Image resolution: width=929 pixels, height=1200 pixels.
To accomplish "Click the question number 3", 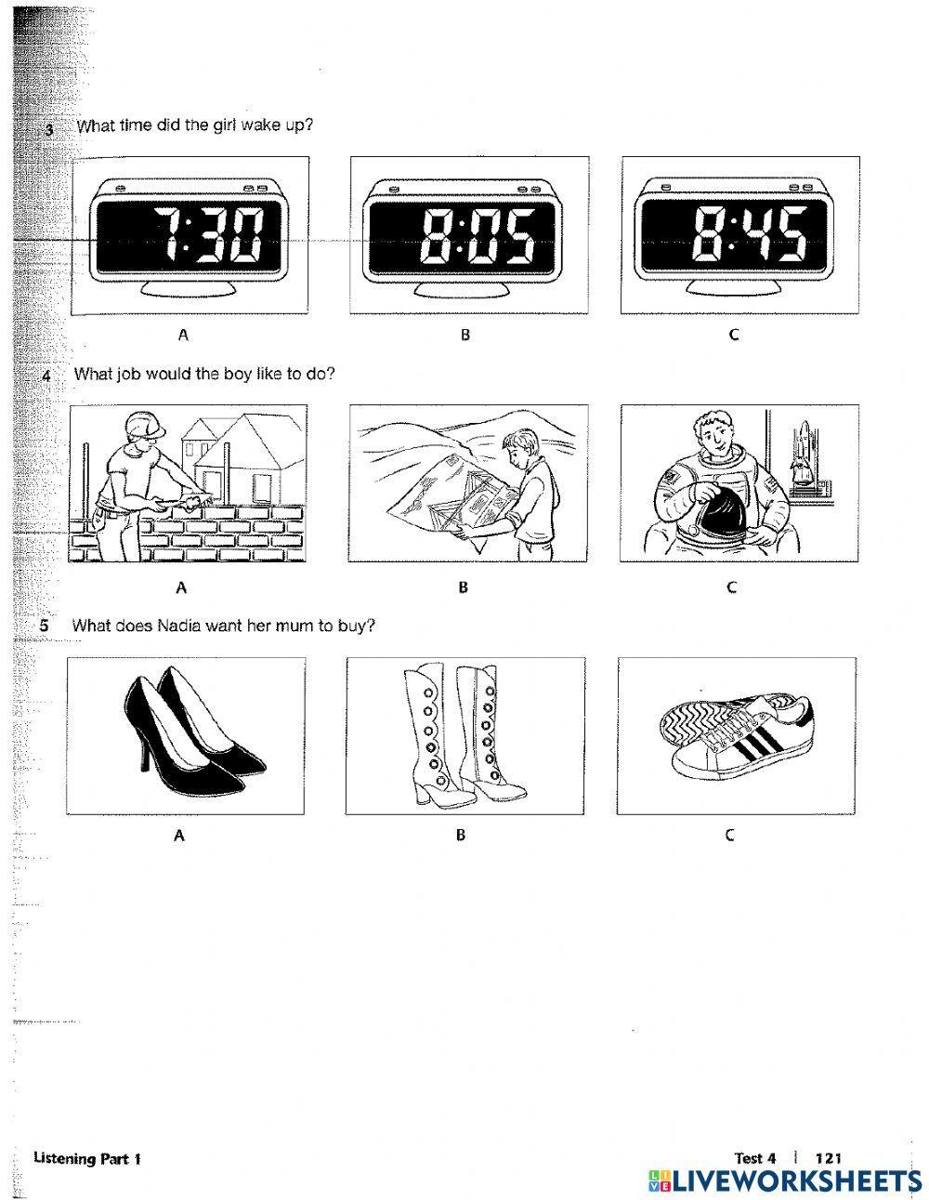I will coord(49,129).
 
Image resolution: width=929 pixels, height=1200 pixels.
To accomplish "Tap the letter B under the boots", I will coord(460,836).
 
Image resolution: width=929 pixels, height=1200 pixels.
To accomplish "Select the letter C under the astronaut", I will coord(731,587).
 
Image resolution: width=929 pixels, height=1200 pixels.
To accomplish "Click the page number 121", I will coord(827,1158).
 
